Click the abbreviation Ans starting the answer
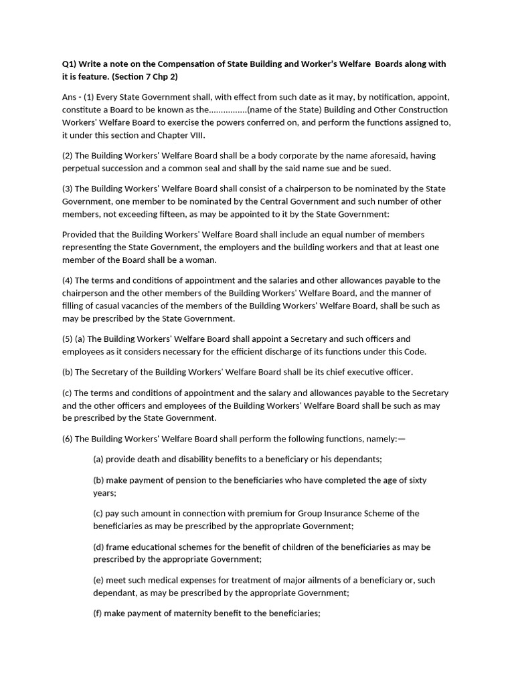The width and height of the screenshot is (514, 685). pos(70,97)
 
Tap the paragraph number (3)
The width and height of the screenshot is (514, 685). pos(68,189)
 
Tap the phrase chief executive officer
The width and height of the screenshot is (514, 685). pos(371,372)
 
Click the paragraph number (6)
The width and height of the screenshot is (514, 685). pos(68,439)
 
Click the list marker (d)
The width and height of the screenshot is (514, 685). pos(98,547)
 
